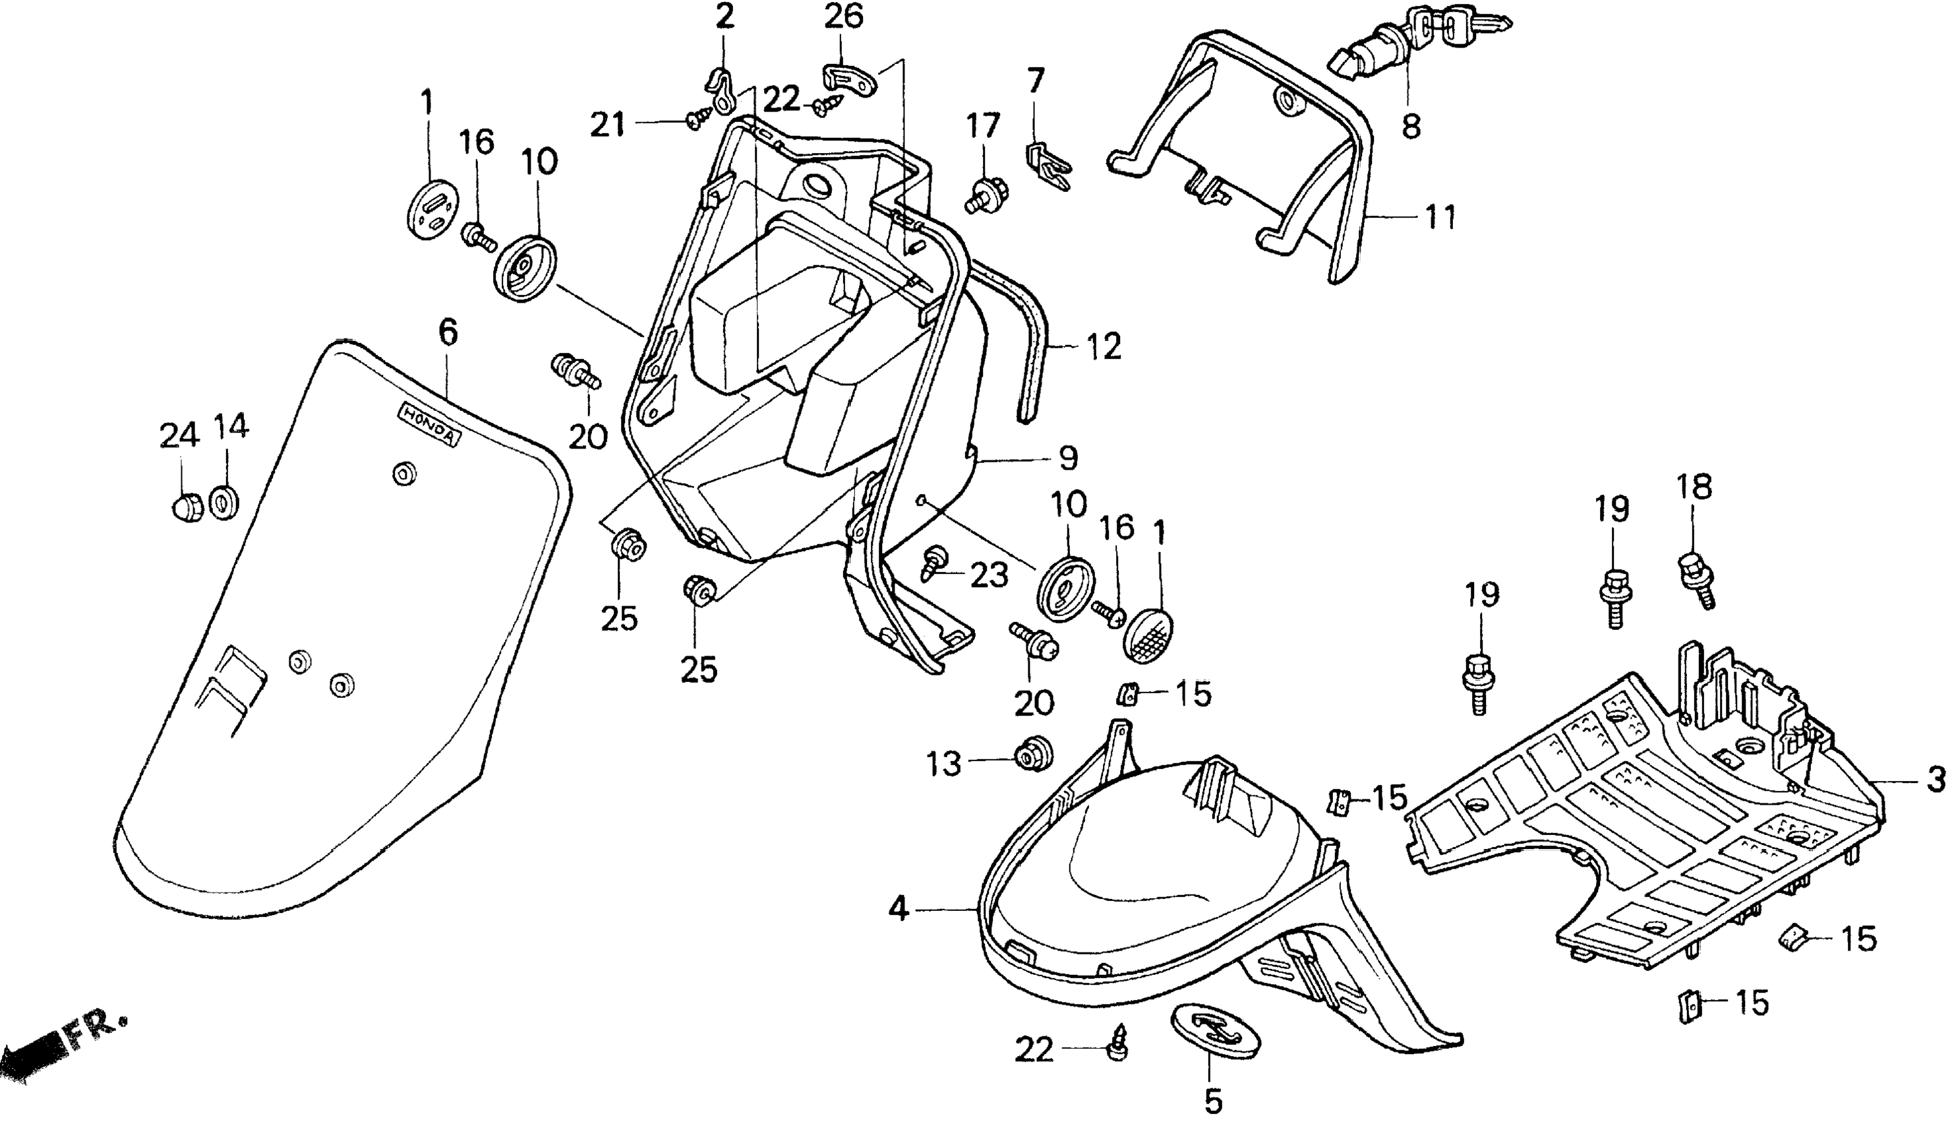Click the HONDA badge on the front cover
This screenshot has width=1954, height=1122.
click(x=429, y=425)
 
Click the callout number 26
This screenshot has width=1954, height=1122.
click(x=843, y=16)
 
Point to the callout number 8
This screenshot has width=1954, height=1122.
click(x=1410, y=125)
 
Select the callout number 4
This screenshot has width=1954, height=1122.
click(x=898, y=910)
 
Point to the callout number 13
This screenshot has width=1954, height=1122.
click(x=943, y=764)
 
